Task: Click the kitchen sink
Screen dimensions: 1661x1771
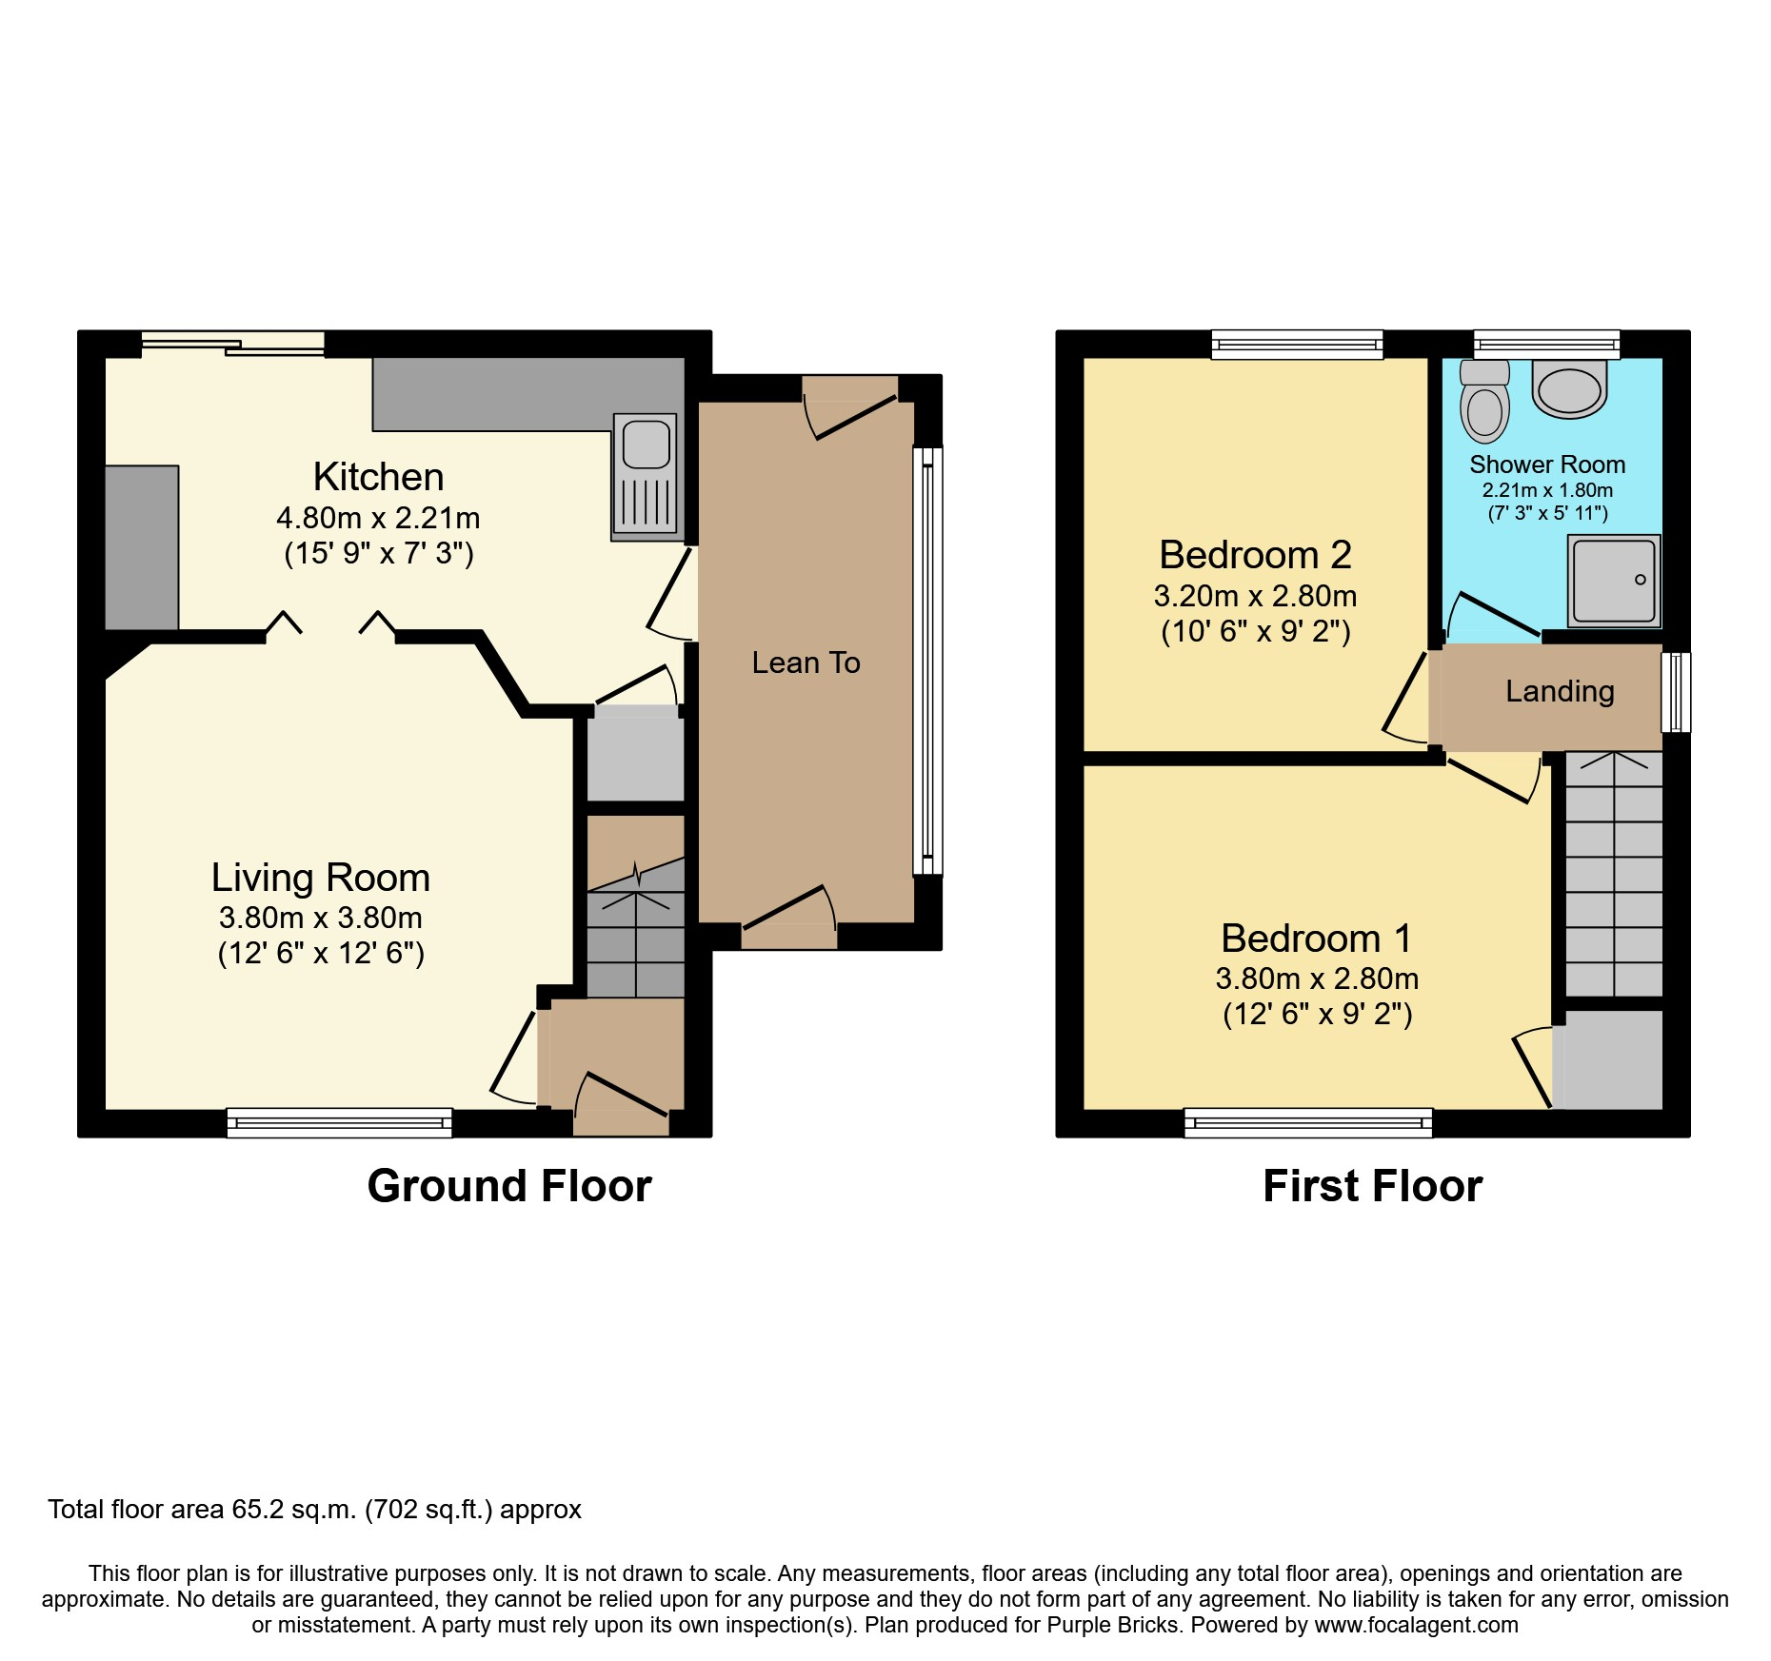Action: [x=647, y=474]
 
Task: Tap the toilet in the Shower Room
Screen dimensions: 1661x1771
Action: [x=1484, y=404]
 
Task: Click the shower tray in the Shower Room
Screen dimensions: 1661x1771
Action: [x=1614, y=581]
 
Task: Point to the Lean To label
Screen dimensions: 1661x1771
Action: [x=806, y=662]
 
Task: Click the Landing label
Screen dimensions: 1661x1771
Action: [x=1559, y=691]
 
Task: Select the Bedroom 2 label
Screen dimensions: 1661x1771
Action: [x=1255, y=555]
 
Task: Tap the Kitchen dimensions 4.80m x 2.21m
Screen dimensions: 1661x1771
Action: [x=378, y=519]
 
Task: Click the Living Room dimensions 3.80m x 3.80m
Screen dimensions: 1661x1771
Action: [x=321, y=919]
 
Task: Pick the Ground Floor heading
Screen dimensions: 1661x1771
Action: [x=509, y=1187]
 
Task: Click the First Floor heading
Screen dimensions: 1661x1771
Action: [x=1372, y=1187]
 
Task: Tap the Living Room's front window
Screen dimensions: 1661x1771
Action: [x=339, y=1123]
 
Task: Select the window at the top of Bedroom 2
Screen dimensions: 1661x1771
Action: [x=1297, y=345]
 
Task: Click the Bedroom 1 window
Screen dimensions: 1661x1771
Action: [x=1308, y=1123]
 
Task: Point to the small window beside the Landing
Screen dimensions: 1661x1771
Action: [x=1676, y=692]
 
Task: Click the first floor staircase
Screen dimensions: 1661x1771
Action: [x=1614, y=876]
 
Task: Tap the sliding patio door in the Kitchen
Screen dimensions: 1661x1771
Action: [x=233, y=345]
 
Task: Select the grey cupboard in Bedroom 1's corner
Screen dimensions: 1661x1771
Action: [x=1609, y=1059]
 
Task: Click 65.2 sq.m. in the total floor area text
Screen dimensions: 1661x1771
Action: [x=293, y=1510]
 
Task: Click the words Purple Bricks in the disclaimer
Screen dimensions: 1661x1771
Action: [x=1112, y=1625]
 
